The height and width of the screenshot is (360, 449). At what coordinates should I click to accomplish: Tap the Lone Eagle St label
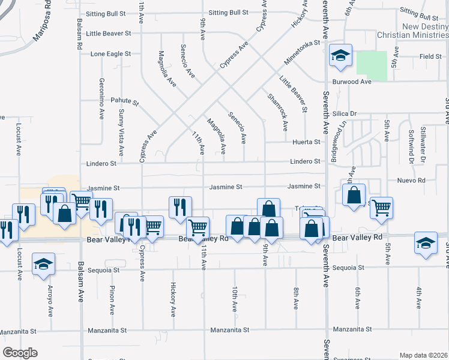(110, 54)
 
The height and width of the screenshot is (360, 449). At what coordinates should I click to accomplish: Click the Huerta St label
(307, 142)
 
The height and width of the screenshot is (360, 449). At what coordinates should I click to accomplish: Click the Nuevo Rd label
(411, 180)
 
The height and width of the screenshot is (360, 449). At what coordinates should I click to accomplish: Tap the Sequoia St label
(348, 269)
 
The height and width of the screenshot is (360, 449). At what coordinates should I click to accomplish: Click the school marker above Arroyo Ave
(43, 265)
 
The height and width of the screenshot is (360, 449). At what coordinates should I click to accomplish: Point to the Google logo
(20, 353)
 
